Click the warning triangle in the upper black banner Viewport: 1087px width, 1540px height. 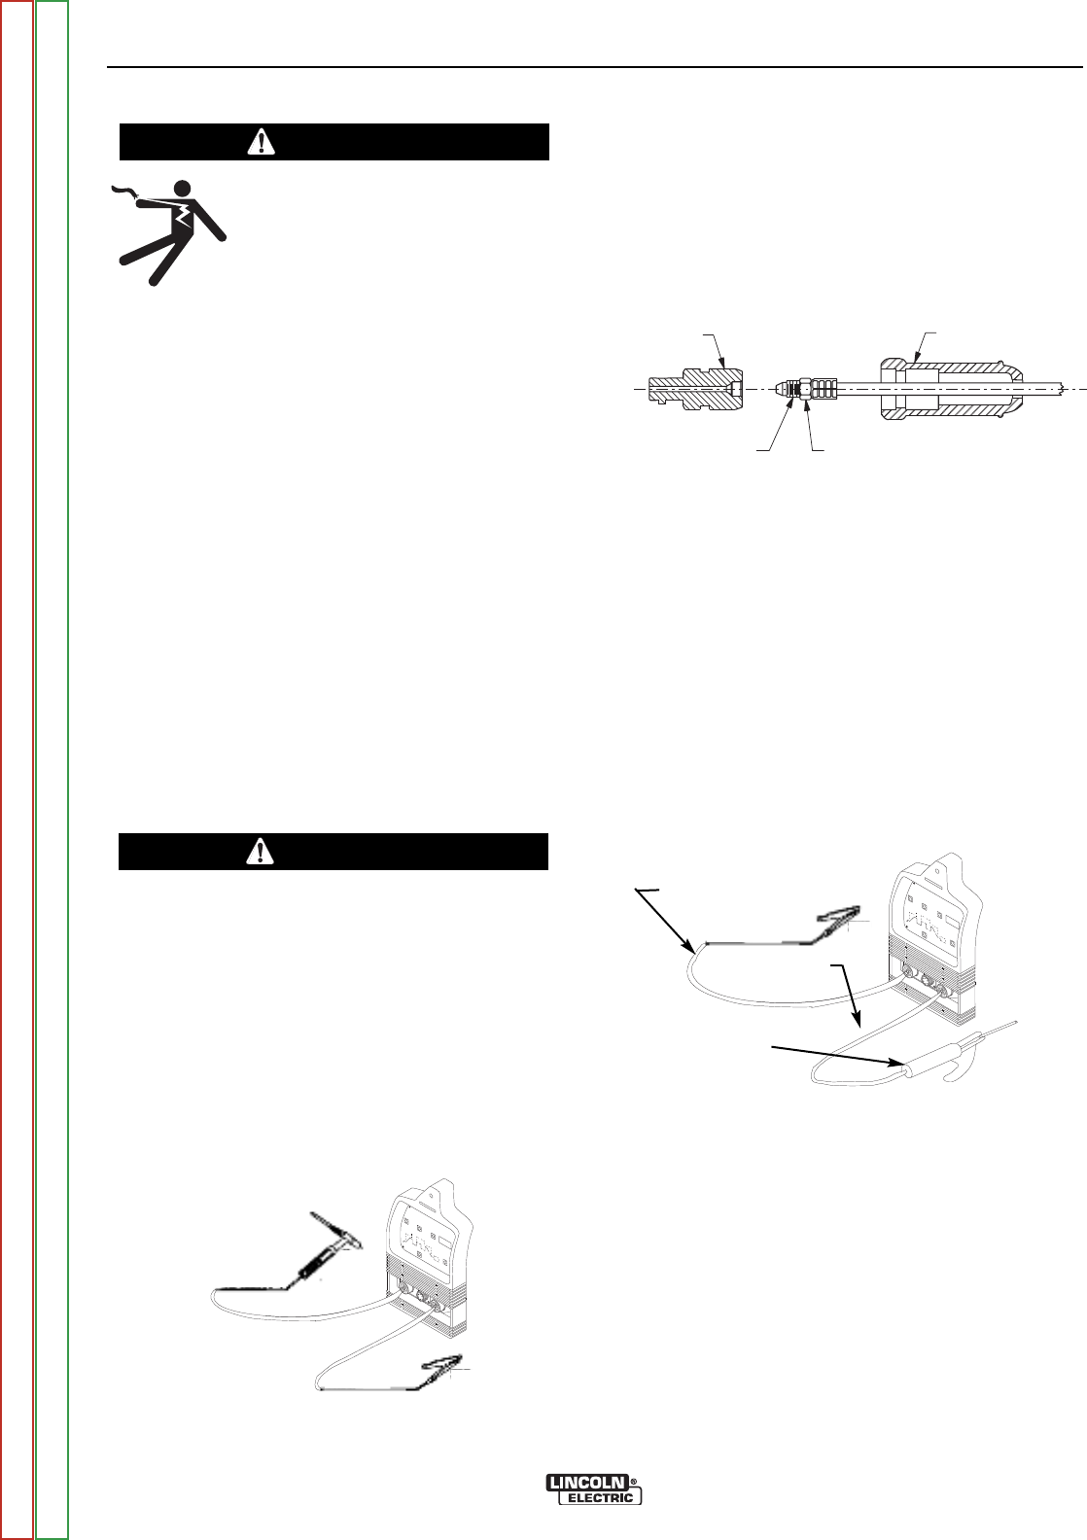tap(261, 142)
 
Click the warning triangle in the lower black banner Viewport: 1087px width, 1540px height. tap(261, 852)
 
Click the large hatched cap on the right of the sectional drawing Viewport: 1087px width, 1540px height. tap(948, 388)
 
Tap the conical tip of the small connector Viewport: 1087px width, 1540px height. tap(783, 388)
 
